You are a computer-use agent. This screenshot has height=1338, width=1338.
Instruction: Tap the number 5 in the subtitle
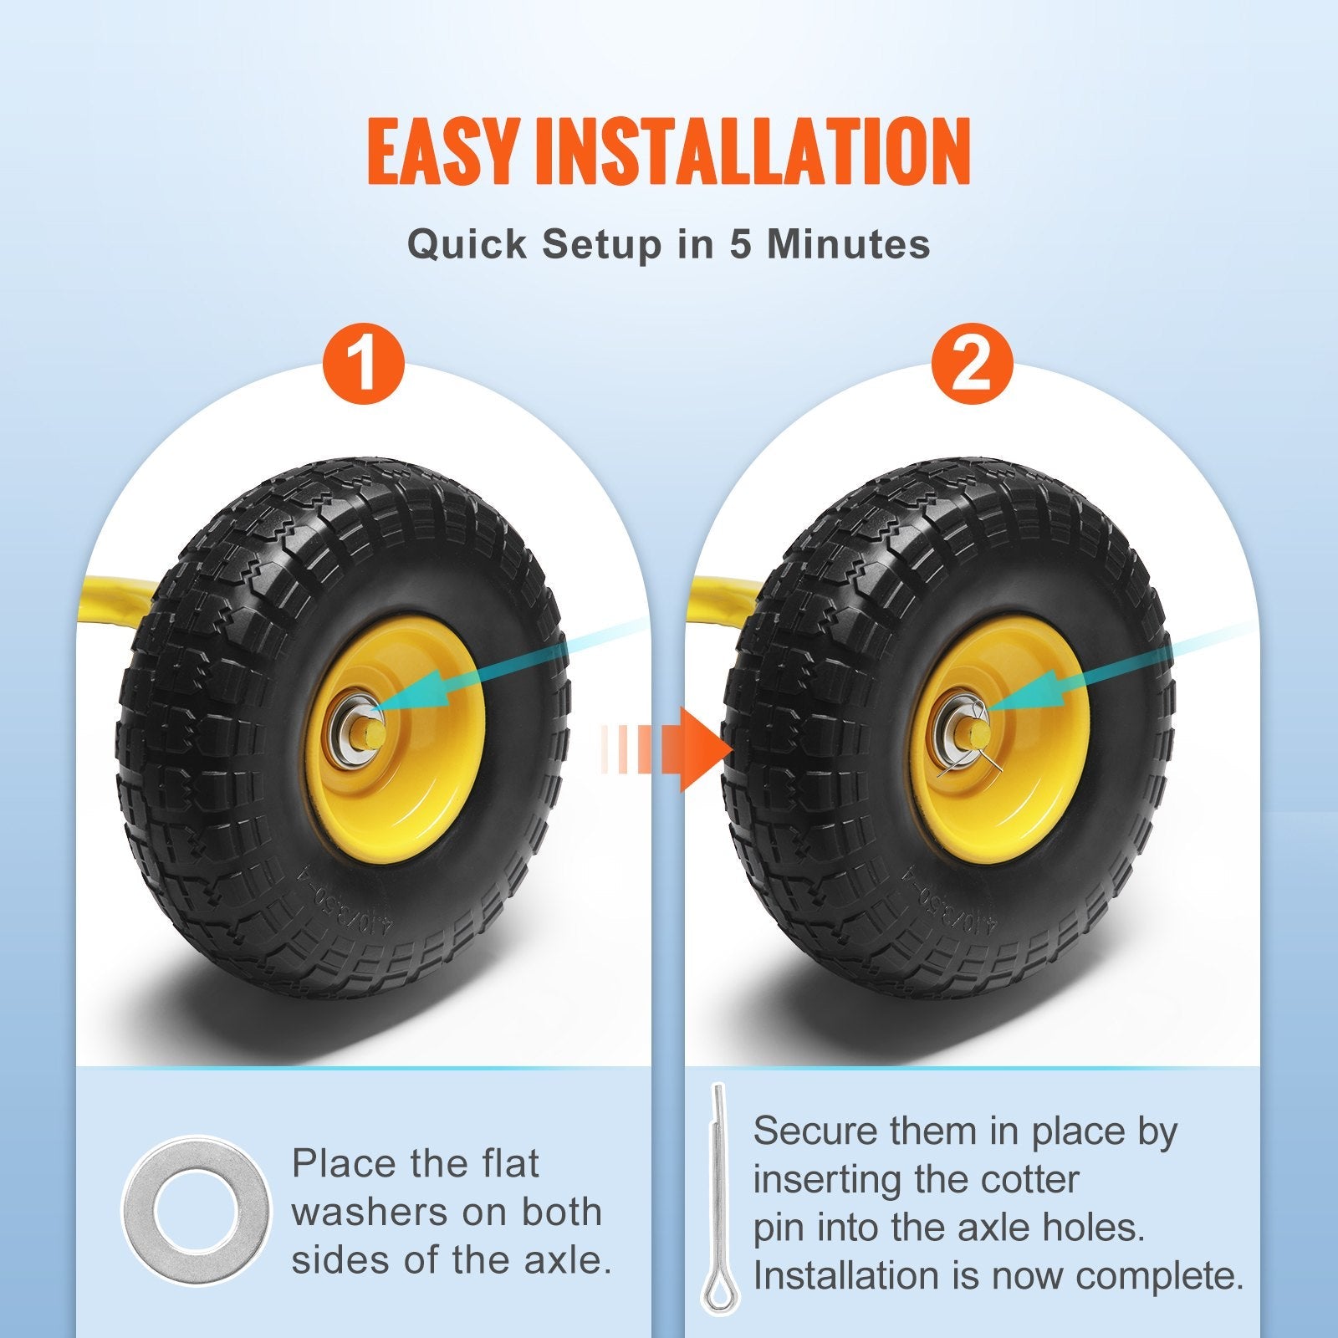[x=742, y=244]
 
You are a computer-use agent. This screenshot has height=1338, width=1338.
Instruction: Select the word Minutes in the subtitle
[x=848, y=244]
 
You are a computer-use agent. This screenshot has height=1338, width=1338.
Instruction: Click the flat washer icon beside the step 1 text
[x=197, y=1210]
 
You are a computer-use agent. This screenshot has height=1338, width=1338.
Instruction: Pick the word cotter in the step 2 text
[x=1030, y=1180]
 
